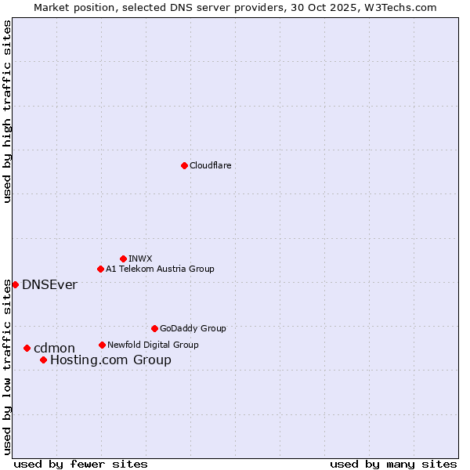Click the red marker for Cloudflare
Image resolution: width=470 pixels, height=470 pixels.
(x=184, y=165)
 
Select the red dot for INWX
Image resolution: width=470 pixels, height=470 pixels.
(x=123, y=258)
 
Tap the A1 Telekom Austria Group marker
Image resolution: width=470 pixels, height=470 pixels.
(x=100, y=269)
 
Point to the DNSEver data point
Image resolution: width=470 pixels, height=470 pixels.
(x=15, y=284)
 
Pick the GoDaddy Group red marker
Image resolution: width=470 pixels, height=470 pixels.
(x=154, y=328)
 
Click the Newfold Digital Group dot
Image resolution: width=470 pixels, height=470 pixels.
(x=102, y=345)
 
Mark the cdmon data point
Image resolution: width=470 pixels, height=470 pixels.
(x=27, y=348)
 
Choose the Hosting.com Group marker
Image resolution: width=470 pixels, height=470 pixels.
(x=43, y=360)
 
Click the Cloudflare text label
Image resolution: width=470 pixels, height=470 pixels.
(x=210, y=165)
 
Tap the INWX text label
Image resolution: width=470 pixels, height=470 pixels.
(x=140, y=258)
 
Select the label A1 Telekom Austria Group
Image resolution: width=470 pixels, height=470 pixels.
(x=160, y=269)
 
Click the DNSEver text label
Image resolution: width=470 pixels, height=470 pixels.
(x=49, y=284)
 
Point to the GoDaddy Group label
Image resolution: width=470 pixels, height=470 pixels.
(x=193, y=328)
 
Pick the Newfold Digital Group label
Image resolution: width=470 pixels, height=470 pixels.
(x=153, y=345)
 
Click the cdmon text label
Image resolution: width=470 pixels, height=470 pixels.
(x=54, y=348)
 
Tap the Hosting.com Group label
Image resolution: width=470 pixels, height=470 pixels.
(x=110, y=360)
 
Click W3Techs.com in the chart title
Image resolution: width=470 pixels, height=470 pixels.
(x=403, y=7)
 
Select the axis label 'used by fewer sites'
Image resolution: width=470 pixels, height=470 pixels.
(x=81, y=464)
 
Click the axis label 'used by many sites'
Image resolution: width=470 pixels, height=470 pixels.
(x=393, y=464)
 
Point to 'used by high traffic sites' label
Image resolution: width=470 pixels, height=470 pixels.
(x=7, y=111)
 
